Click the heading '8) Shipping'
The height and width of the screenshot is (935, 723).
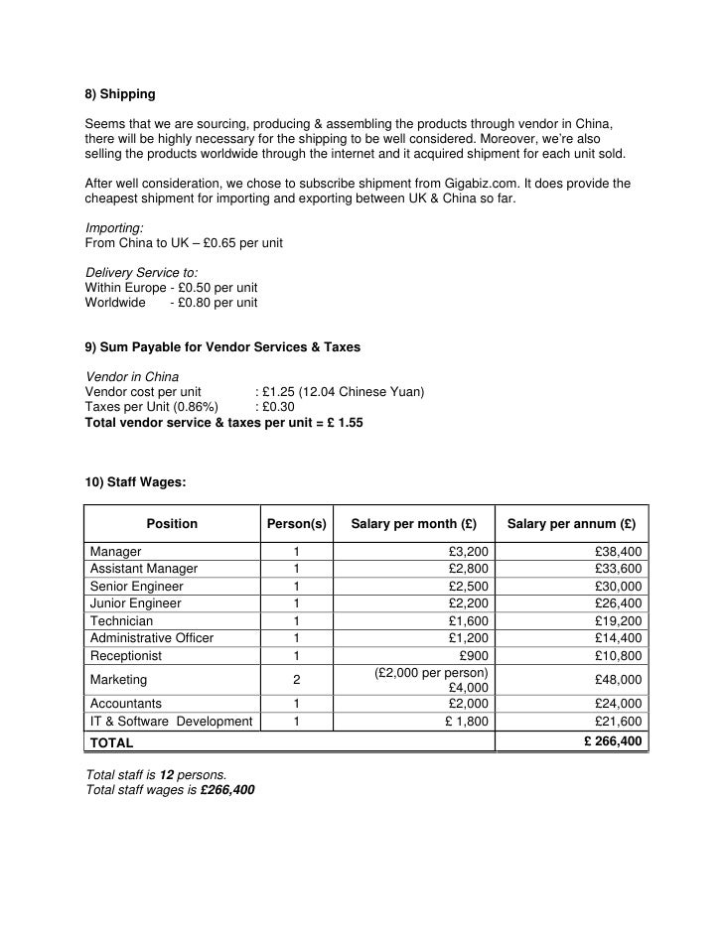119,95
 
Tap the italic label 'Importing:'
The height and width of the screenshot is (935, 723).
114,227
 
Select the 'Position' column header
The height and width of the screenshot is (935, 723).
172,524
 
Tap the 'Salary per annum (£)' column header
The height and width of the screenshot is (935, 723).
571,524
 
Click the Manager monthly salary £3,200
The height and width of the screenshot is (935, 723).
468,551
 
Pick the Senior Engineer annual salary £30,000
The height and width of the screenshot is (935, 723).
618,587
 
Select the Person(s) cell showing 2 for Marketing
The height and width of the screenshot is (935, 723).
296,680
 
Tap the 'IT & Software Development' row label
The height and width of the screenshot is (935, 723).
171,722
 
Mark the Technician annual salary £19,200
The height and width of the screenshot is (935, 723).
618,620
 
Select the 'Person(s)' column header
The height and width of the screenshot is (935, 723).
296,524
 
